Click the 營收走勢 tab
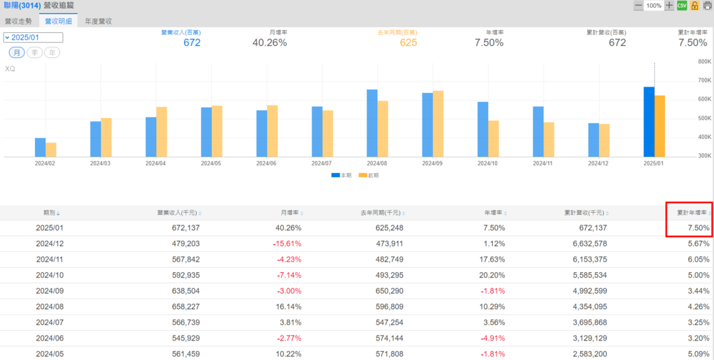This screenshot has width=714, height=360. [19, 21]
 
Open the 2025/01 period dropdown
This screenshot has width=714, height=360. [33, 38]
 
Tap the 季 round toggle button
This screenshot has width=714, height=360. [34, 52]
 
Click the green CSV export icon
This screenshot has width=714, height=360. [682, 6]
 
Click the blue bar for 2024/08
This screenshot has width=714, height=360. [372, 123]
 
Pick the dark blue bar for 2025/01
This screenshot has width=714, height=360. [648, 121]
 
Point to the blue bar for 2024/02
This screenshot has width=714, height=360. [40, 147]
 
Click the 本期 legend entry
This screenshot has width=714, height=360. [342, 175]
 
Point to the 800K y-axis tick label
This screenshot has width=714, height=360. [703, 61]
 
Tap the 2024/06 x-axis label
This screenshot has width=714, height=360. [267, 163]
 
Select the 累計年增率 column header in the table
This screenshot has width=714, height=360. [690, 212]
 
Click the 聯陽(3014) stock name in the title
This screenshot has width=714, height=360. [21, 6]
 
